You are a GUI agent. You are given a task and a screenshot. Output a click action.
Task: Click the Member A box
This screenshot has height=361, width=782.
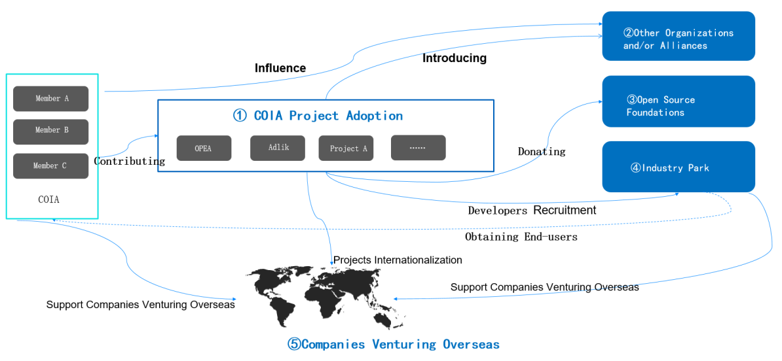coord(50,99)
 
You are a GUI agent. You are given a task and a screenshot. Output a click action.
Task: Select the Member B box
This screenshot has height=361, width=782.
coord(50,131)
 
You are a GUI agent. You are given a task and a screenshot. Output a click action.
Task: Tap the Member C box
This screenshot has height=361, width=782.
coord(50,166)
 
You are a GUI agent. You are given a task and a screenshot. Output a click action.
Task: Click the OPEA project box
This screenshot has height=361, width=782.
coord(203,148)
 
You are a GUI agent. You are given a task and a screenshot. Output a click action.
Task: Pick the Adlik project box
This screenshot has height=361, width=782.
coord(278,148)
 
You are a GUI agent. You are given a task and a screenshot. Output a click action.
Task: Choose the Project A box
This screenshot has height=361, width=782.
coord(349,148)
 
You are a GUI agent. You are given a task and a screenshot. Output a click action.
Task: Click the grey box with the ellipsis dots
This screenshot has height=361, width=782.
coord(418,148)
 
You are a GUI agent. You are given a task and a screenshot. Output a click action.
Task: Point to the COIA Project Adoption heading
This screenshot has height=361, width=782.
coord(318,116)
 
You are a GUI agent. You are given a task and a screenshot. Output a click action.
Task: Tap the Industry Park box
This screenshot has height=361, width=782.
coord(679,167)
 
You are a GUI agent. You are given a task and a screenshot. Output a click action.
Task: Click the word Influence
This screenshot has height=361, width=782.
coord(280,68)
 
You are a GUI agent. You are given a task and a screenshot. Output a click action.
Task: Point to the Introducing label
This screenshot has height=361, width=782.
coord(455,58)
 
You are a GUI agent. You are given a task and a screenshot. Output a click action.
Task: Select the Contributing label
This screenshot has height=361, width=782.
coord(130,161)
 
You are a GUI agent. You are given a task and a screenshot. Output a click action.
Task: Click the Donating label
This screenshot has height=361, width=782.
coord(542,152)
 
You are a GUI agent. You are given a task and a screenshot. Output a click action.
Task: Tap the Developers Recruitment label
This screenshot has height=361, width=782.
coord(532,211)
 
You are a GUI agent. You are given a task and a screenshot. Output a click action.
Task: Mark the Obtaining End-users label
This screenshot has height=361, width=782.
coord(521,237)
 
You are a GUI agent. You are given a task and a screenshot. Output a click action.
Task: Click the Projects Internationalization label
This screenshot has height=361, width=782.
coord(398,260)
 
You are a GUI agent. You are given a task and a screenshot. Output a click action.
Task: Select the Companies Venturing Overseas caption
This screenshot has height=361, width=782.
coord(394,345)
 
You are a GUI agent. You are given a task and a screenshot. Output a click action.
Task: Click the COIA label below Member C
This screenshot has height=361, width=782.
coord(49,199)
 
